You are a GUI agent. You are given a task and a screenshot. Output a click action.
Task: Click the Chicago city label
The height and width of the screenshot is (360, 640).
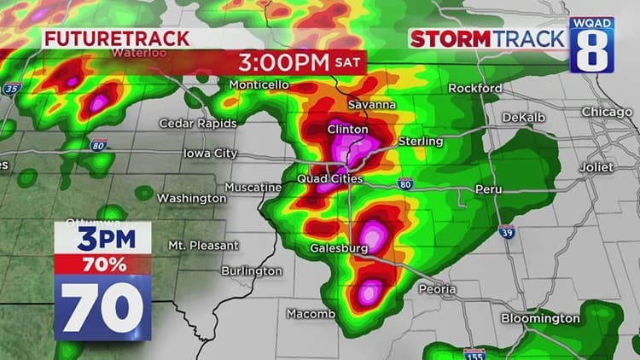(607, 112)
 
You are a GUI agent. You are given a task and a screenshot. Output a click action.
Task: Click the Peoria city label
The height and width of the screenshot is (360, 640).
(437, 289)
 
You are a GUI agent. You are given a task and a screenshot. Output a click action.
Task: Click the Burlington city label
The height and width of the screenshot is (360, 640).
(250, 270)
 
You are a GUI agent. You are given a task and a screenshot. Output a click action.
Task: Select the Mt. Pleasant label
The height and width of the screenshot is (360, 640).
(203, 245)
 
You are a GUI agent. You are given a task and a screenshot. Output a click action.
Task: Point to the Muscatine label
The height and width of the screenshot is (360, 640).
(253, 187)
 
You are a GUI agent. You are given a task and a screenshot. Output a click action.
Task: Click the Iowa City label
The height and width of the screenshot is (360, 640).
(210, 154)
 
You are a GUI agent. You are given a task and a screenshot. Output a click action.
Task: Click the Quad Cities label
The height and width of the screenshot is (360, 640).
(329, 179)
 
